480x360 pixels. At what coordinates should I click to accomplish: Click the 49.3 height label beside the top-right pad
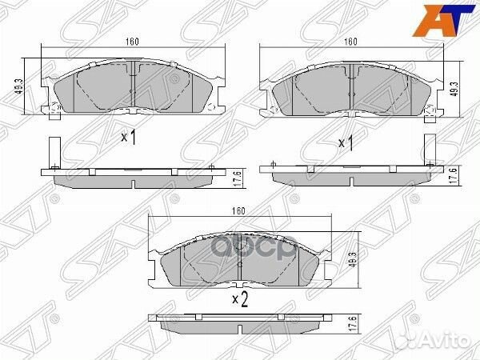tap(454, 86)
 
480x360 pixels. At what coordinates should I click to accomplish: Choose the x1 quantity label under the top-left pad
tap(129, 137)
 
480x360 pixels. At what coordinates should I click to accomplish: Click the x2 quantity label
tap(240, 300)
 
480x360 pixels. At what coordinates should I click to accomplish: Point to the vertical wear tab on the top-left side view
tap(53, 152)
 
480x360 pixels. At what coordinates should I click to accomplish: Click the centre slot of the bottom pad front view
tap(240, 263)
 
